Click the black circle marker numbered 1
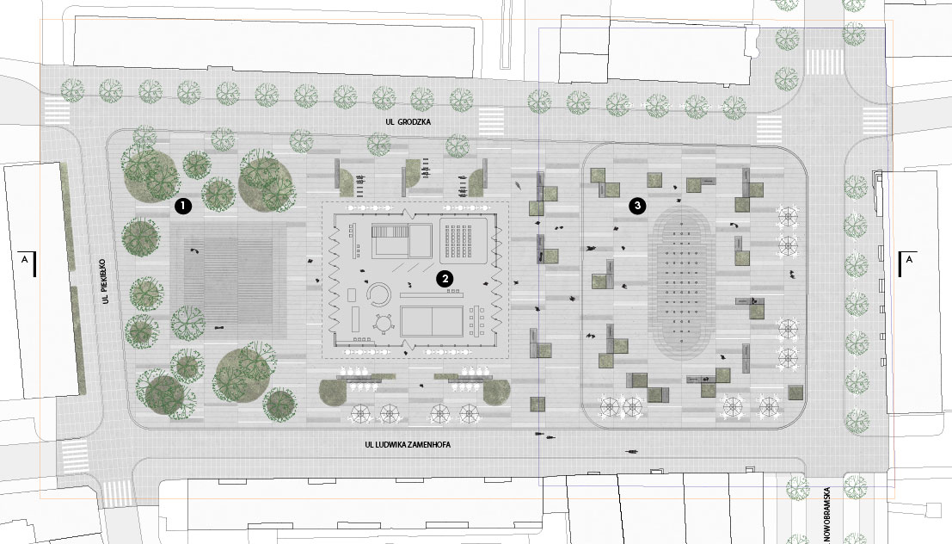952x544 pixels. point(183,207)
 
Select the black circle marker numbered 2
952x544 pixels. point(445,279)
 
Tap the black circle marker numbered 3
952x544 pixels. point(637,206)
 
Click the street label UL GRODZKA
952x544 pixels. point(408,122)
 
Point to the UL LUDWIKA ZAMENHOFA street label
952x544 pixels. point(408,445)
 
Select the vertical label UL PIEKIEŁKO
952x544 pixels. point(104,281)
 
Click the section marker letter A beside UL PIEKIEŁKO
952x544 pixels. point(24,260)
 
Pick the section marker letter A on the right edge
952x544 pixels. point(909,260)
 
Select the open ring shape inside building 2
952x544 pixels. point(378,295)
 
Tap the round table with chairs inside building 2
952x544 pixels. point(384,324)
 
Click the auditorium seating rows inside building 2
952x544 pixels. point(464,240)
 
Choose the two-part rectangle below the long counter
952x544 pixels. point(432,321)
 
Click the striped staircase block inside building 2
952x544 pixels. point(390,233)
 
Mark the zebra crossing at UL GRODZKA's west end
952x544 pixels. point(57,110)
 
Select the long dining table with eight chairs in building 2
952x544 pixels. point(477,322)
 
